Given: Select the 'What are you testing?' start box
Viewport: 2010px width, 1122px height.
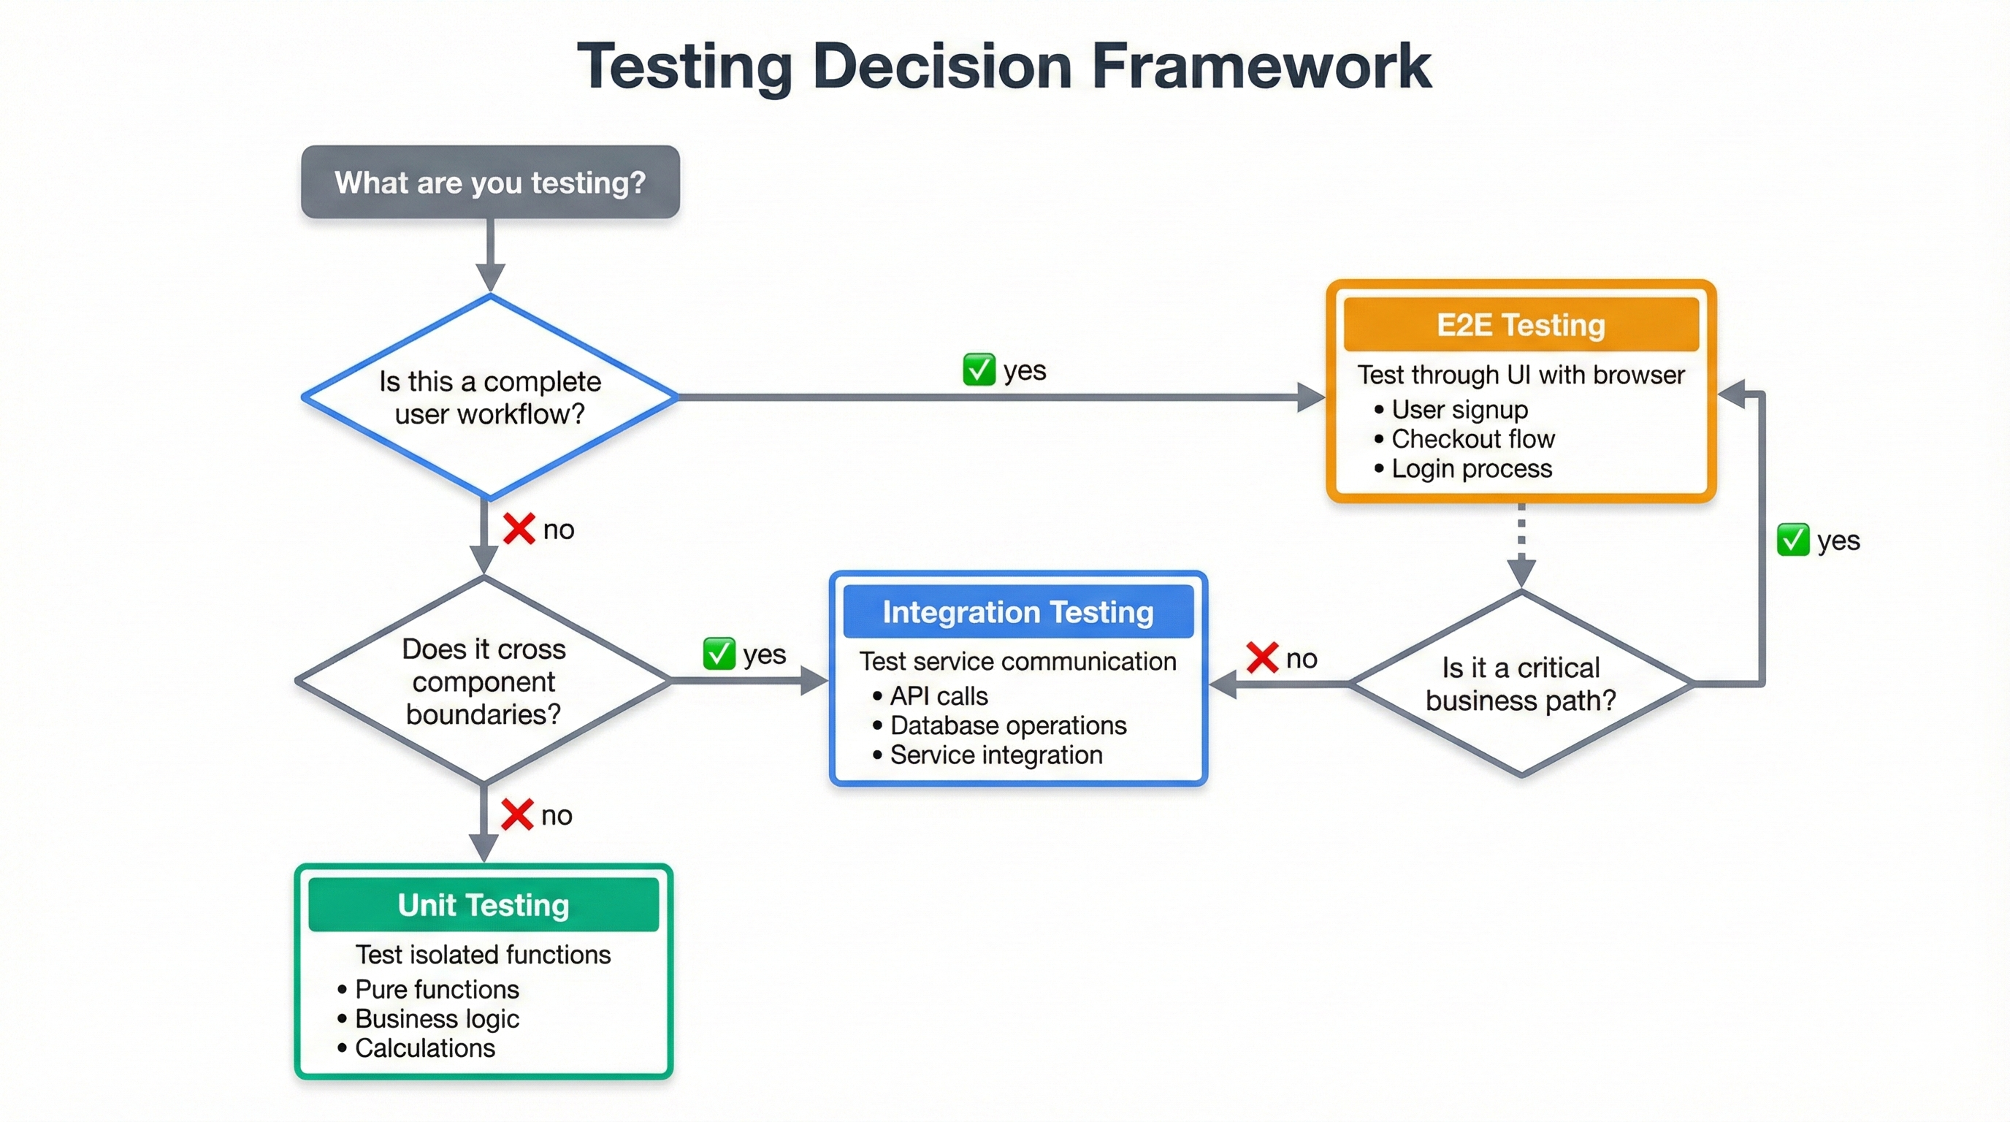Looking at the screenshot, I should click(490, 182).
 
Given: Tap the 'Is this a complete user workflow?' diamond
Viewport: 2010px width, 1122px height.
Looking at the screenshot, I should click(490, 397).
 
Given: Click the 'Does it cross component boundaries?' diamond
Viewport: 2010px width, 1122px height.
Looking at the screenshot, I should click(483, 681).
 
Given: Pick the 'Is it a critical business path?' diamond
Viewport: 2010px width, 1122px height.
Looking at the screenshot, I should click(1520, 684).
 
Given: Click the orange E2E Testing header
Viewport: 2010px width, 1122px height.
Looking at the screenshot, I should click(1520, 324).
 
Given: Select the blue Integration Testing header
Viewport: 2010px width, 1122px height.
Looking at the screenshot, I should click(1017, 611).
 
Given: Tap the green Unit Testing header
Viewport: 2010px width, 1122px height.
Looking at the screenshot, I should click(483, 904).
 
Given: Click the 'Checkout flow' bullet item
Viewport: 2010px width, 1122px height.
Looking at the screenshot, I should click(1472, 438).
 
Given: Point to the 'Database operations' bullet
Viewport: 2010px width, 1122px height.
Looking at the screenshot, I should click(1007, 725).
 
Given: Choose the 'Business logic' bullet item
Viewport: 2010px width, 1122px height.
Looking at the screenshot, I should click(436, 1018).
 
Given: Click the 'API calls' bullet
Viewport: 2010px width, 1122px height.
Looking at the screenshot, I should click(938, 696).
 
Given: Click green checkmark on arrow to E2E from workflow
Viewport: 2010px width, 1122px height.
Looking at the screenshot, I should click(979, 370).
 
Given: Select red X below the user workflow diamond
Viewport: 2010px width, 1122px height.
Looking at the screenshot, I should click(519, 529).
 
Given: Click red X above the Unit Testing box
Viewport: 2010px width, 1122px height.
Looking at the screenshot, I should click(516, 814).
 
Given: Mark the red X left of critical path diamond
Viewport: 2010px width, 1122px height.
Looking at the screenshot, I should click(1261, 657).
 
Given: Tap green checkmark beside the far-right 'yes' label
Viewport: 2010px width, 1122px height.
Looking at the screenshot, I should click(1793, 540).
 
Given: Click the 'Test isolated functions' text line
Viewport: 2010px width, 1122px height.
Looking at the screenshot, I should click(483, 954).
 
